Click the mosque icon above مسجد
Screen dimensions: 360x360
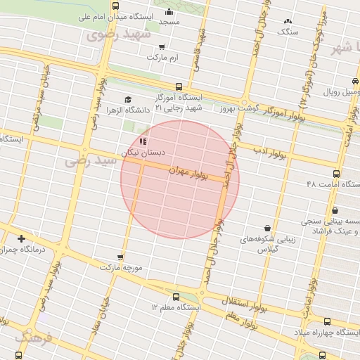point(169,12)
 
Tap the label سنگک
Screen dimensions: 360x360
point(288,32)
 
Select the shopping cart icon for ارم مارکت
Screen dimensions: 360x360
point(162,47)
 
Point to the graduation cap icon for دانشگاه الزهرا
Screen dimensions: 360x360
point(127,99)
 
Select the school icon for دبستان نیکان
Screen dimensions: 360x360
point(144,141)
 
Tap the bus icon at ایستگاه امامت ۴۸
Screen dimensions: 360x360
point(336,174)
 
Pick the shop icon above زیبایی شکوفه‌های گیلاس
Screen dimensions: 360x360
point(268,228)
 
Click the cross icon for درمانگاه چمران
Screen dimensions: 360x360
point(22,238)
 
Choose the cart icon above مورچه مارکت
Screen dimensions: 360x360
point(121,257)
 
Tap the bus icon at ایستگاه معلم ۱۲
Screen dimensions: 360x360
point(176,297)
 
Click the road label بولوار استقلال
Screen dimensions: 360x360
point(244,302)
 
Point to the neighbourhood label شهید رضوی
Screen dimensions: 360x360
point(117,34)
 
